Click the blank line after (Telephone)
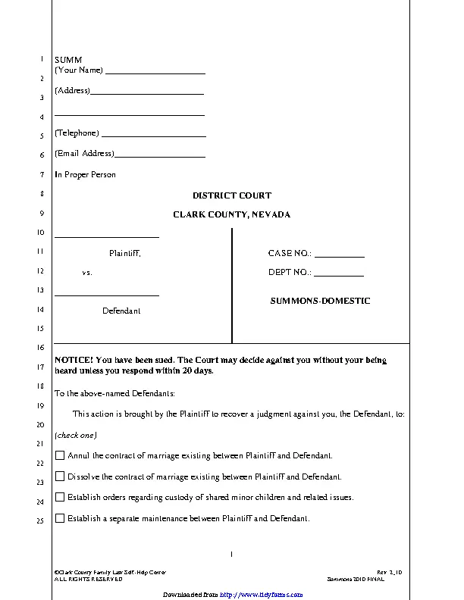click(153, 135)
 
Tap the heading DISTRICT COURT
click(231, 195)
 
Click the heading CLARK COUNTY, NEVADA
click(231, 214)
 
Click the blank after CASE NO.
click(340, 255)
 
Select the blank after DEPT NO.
click(339, 274)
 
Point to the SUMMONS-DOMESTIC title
click(320, 301)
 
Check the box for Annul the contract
click(60, 456)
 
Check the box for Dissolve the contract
click(60, 477)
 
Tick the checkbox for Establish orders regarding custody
click(60, 498)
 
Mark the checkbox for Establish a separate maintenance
click(60, 519)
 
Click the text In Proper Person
click(85, 174)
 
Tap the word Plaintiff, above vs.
click(125, 254)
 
